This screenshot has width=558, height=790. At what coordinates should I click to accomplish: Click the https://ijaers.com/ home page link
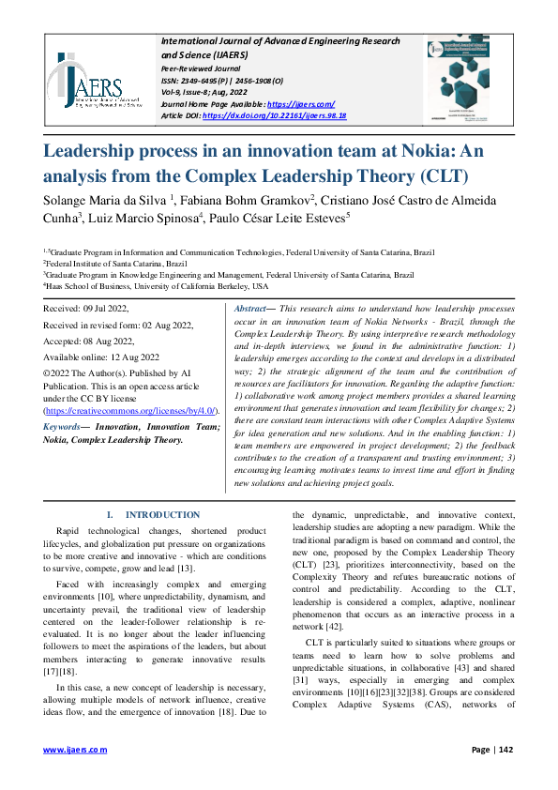coord(301,103)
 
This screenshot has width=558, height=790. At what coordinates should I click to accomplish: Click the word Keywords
coord(65,427)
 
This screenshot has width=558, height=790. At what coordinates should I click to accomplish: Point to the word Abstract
coord(250,309)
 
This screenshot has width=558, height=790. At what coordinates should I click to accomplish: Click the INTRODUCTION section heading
coord(161,514)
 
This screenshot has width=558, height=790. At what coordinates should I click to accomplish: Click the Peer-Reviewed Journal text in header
coord(203,69)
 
